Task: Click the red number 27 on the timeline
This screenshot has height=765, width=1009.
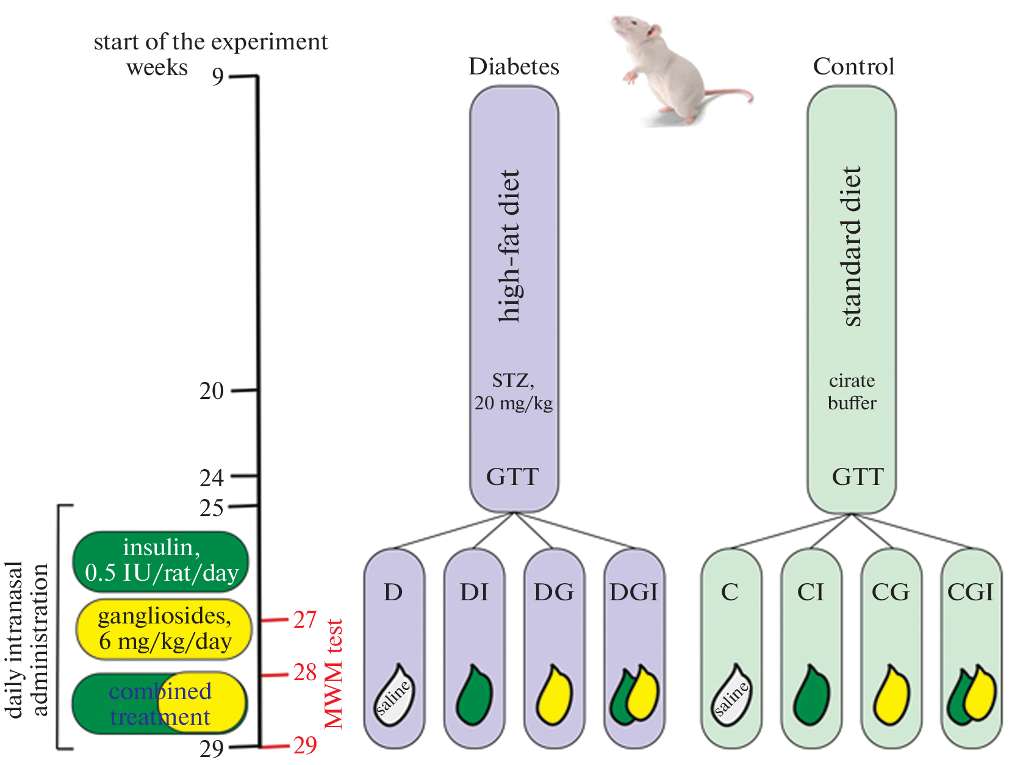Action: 305,619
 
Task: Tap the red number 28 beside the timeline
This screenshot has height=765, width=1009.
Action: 305,672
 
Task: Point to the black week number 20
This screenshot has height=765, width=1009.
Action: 212,390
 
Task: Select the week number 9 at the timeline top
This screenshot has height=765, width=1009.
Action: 218,76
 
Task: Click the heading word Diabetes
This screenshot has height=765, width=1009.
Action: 514,66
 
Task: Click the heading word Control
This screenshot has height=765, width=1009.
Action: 853,66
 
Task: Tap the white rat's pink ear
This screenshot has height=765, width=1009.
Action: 654,31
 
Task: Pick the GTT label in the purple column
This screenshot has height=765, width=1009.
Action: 512,476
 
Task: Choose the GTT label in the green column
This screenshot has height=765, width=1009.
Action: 858,476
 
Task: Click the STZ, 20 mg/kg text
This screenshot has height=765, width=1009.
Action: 514,392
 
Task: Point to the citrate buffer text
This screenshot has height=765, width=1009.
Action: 852,392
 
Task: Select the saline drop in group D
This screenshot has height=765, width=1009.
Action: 394,695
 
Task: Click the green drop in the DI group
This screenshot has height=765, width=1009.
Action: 474,695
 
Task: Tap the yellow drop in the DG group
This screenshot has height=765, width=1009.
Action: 555,695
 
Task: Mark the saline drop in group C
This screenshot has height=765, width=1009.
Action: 731,695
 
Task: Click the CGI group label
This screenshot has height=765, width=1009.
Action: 971,592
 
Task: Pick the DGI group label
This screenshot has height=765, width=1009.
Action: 634,592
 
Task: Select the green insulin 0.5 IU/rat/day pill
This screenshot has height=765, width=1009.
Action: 161,561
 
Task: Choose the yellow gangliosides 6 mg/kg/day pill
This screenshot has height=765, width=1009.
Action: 164,629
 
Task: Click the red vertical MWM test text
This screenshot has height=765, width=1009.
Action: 334,674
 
